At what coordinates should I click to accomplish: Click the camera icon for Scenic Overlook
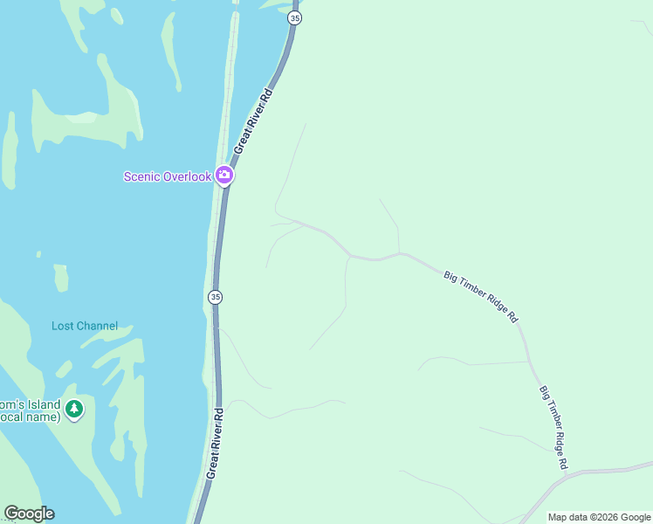pyautogui.click(x=224, y=176)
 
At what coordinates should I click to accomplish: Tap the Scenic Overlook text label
pyautogui.click(x=168, y=176)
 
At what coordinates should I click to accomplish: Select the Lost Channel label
pyautogui.click(x=85, y=326)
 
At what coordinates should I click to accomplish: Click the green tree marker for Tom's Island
pyautogui.click(x=74, y=409)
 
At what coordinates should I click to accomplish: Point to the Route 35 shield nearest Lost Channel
pyautogui.click(x=215, y=297)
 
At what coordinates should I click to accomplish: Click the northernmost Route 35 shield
pyautogui.click(x=295, y=17)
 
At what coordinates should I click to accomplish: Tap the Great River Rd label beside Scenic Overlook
pyautogui.click(x=253, y=121)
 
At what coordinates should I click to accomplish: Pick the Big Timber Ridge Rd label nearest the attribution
pyautogui.click(x=554, y=427)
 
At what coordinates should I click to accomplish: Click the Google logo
pyautogui.click(x=29, y=514)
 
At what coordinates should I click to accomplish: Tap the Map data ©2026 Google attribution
pyautogui.click(x=598, y=517)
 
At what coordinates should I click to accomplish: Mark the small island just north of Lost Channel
pyautogui.click(x=60, y=278)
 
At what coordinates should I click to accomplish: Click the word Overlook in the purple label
pyautogui.click(x=188, y=176)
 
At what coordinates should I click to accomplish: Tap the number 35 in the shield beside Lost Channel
pyautogui.click(x=215, y=297)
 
